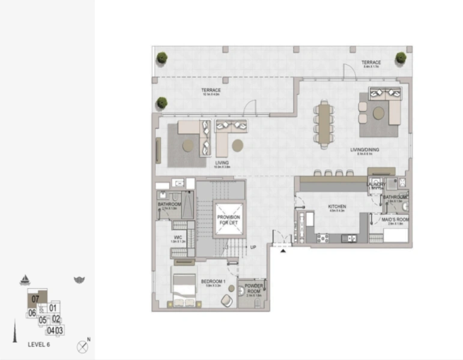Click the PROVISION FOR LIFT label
click(x=228, y=220)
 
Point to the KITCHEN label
click(x=337, y=206)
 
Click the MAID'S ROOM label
click(x=395, y=220)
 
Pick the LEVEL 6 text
click(x=39, y=345)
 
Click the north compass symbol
click(x=83, y=346)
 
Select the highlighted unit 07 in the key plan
click(x=35, y=299)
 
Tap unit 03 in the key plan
click(x=59, y=330)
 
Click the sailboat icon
click(x=25, y=280)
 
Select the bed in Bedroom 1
click(x=184, y=287)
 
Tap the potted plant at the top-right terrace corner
click(x=401, y=58)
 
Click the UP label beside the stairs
click(x=253, y=247)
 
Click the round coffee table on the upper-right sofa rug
click(x=379, y=112)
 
